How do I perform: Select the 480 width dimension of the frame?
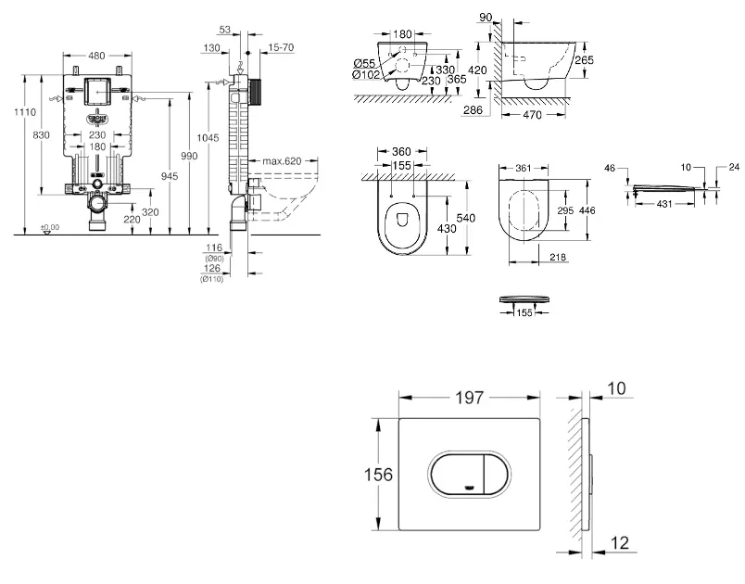[x=96, y=55]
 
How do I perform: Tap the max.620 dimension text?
[x=282, y=161]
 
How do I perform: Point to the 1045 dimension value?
[x=212, y=136]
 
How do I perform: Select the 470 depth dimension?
[x=533, y=115]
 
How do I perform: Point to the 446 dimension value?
[x=587, y=210]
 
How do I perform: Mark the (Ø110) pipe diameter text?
[x=214, y=278]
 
